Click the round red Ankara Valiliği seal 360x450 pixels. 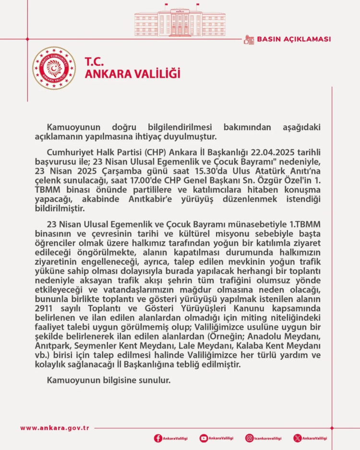54,68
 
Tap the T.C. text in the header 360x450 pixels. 95,62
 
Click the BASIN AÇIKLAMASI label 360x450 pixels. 294,39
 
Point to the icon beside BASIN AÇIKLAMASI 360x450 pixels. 249,39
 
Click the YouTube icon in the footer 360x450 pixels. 204,438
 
